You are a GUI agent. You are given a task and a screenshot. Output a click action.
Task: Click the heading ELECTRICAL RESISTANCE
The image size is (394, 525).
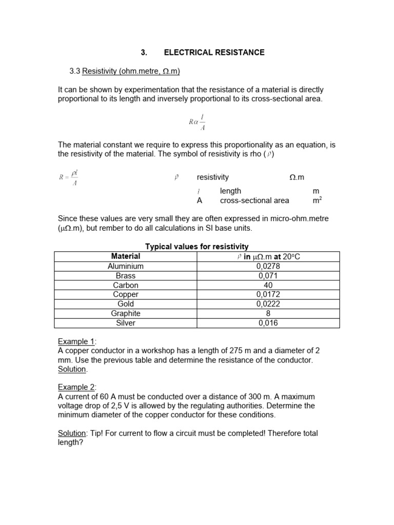[x=214, y=52]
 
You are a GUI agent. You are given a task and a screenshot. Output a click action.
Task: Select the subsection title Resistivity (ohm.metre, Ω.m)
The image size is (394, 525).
[x=131, y=71]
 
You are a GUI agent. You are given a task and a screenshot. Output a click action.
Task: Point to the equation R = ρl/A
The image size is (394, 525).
[x=68, y=178]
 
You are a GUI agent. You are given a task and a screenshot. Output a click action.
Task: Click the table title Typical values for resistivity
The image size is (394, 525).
[x=197, y=247]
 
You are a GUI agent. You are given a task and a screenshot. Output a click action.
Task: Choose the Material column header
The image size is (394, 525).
[x=126, y=256]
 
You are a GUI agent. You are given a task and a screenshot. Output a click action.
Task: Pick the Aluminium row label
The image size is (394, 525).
[x=126, y=266]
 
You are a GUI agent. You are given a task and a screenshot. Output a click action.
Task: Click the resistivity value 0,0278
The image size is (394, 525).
[x=268, y=266]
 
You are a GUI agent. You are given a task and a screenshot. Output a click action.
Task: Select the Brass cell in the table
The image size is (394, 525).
[x=126, y=276]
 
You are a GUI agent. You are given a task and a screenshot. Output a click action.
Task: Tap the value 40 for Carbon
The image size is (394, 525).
[x=268, y=285]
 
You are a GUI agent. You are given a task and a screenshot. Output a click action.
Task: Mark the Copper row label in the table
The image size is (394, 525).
[x=126, y=294]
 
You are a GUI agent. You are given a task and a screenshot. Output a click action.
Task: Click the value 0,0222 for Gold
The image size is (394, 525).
[x=268, y=304]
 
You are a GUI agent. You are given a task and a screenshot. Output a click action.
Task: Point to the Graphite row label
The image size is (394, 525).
[x=126, y=313]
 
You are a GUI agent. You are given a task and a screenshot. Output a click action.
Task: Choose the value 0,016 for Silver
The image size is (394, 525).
[x=268, y=323]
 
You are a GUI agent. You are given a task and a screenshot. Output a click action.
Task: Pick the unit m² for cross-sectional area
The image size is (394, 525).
[x=317, y=200]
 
